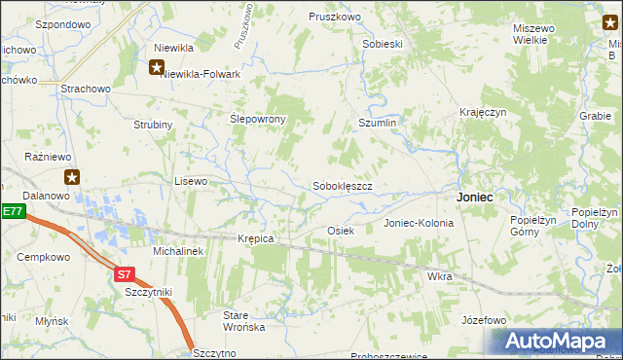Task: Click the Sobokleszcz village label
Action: coord(342,186)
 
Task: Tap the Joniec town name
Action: coord(475,197)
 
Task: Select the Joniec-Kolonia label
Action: coord(419,223)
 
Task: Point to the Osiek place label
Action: coord(340,231)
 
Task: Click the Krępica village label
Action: coord(256,238)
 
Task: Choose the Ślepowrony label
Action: coord(257,119)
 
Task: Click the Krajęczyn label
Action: coord(484,113)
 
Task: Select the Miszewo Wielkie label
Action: coord(534,34)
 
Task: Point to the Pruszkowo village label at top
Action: coord(335,18)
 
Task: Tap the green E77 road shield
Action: coord(12,211)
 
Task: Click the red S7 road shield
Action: coord(123,274)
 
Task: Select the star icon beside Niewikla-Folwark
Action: coord(157,67)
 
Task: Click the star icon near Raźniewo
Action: coord(72,177)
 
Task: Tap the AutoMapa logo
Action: coord(558,341)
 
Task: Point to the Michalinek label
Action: coord(177,251)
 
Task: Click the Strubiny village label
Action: coord(153,126)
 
